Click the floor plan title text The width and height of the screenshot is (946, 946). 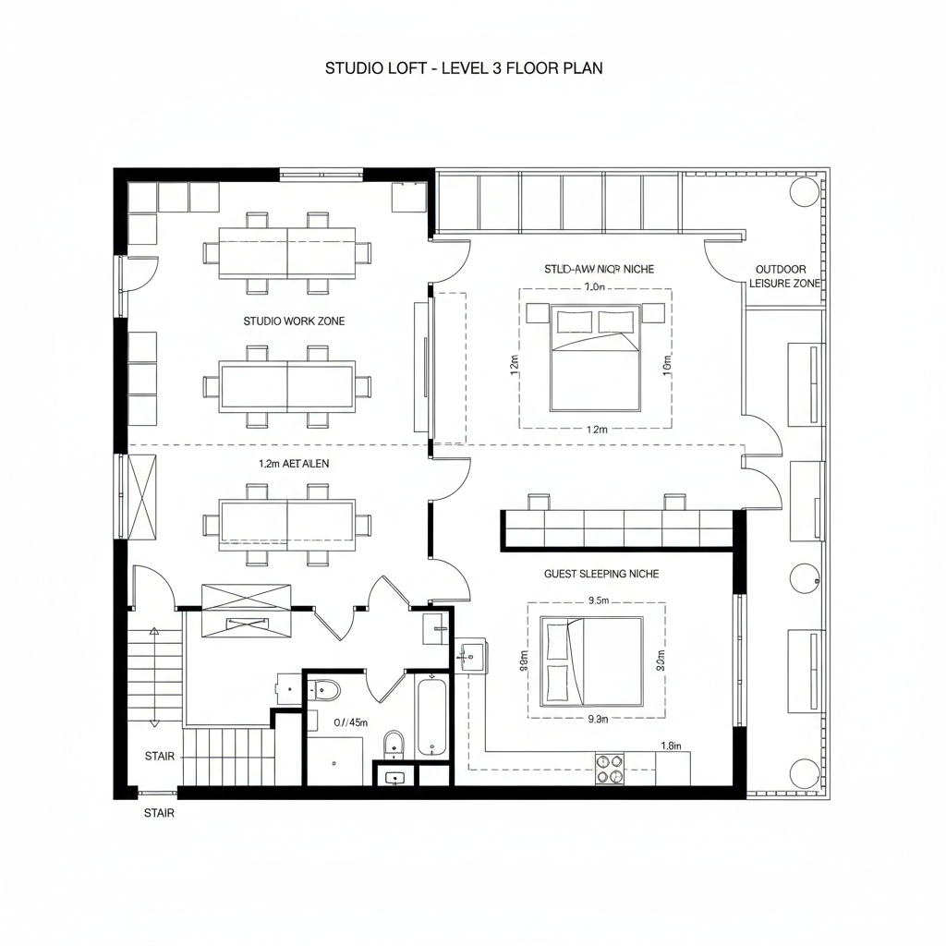tap(464, 68)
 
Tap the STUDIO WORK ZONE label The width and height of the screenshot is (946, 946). tap(294, 321)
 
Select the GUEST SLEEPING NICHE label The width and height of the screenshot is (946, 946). tap(601, 574)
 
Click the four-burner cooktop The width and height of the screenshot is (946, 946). tap(609, 769)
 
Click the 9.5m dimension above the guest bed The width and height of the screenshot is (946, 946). tap(598, 600)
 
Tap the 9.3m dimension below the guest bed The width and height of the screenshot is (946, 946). tap(598, 719)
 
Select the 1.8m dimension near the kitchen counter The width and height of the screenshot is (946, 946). tap(671, 746)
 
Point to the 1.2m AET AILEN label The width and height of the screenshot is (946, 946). tap(294, 465)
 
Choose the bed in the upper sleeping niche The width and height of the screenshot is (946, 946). tap(596, 358)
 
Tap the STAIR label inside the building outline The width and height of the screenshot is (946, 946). tap(159, 757)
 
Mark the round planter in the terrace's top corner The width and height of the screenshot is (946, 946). tap(804, 191)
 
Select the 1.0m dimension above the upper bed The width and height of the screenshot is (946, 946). tap(595, 287)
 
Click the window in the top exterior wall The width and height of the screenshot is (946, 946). tap(321, 173)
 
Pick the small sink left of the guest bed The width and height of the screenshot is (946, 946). tap(469, 657)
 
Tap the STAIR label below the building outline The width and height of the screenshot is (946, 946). tap(159, 814)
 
